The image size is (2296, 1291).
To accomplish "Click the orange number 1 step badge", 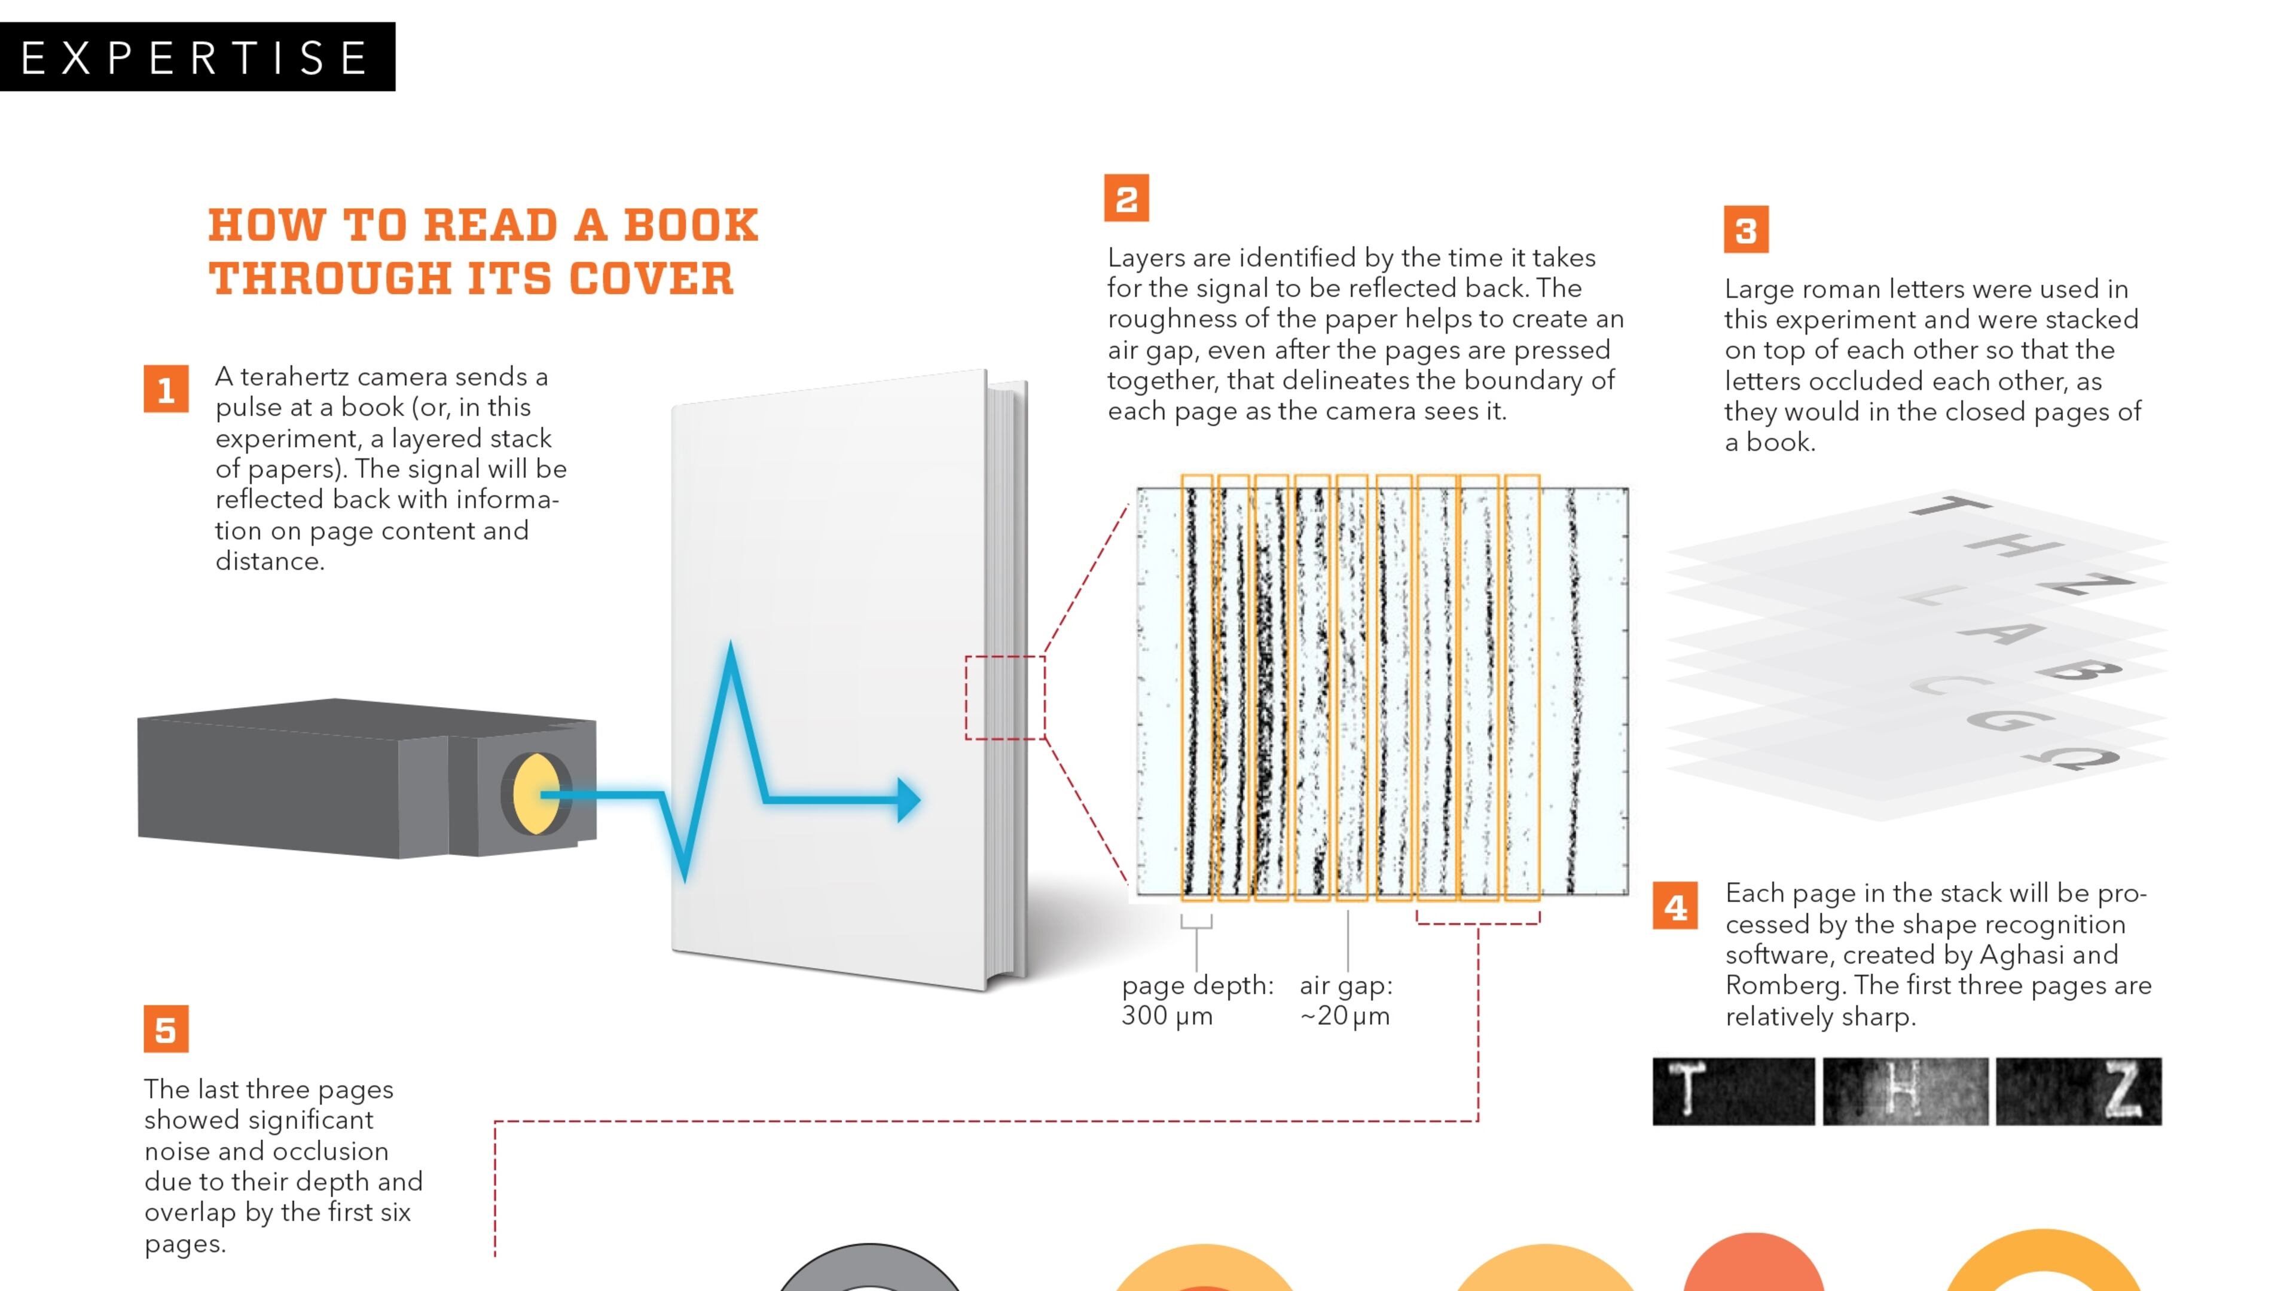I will (166, 389).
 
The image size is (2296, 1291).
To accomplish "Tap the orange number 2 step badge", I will (1126, 198).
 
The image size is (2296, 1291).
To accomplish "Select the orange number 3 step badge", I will (1745, 231).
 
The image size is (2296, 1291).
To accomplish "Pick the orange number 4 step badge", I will (1675, 906).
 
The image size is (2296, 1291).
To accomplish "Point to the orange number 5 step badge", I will (166, 1029).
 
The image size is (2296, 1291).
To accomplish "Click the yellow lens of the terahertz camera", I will (535, 793).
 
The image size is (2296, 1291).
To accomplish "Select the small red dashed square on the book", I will (1004, 697).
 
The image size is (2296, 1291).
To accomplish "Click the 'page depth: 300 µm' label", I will (1196, 1000).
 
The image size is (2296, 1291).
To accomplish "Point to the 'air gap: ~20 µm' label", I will (1345, 1000).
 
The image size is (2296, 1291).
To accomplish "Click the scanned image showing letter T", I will (1733, 1091).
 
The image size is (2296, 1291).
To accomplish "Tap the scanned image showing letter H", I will (1905, 1091).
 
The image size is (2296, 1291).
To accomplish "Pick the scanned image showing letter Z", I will (2078, 1091).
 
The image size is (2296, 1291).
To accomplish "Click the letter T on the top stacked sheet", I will (1950, 508).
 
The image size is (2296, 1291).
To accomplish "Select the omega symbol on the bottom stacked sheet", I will (2072, 757).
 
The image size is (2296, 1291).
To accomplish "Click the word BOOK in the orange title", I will (691, 225).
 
